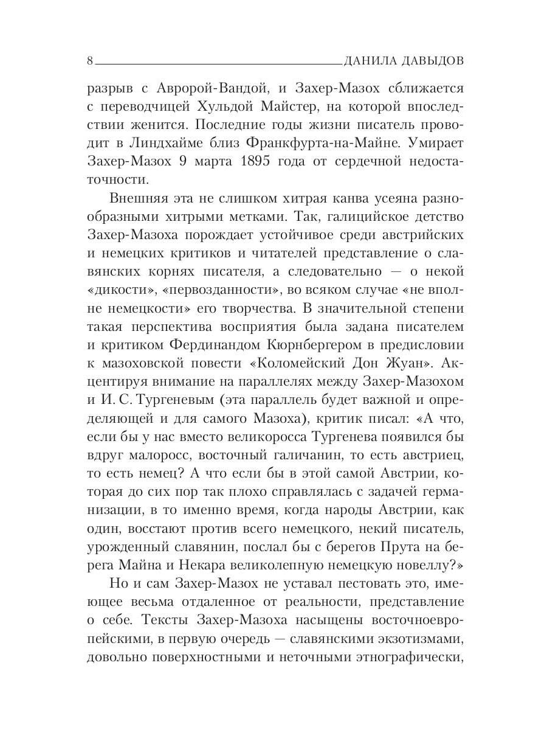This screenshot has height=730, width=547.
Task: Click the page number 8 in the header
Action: (x=90, y=61)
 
